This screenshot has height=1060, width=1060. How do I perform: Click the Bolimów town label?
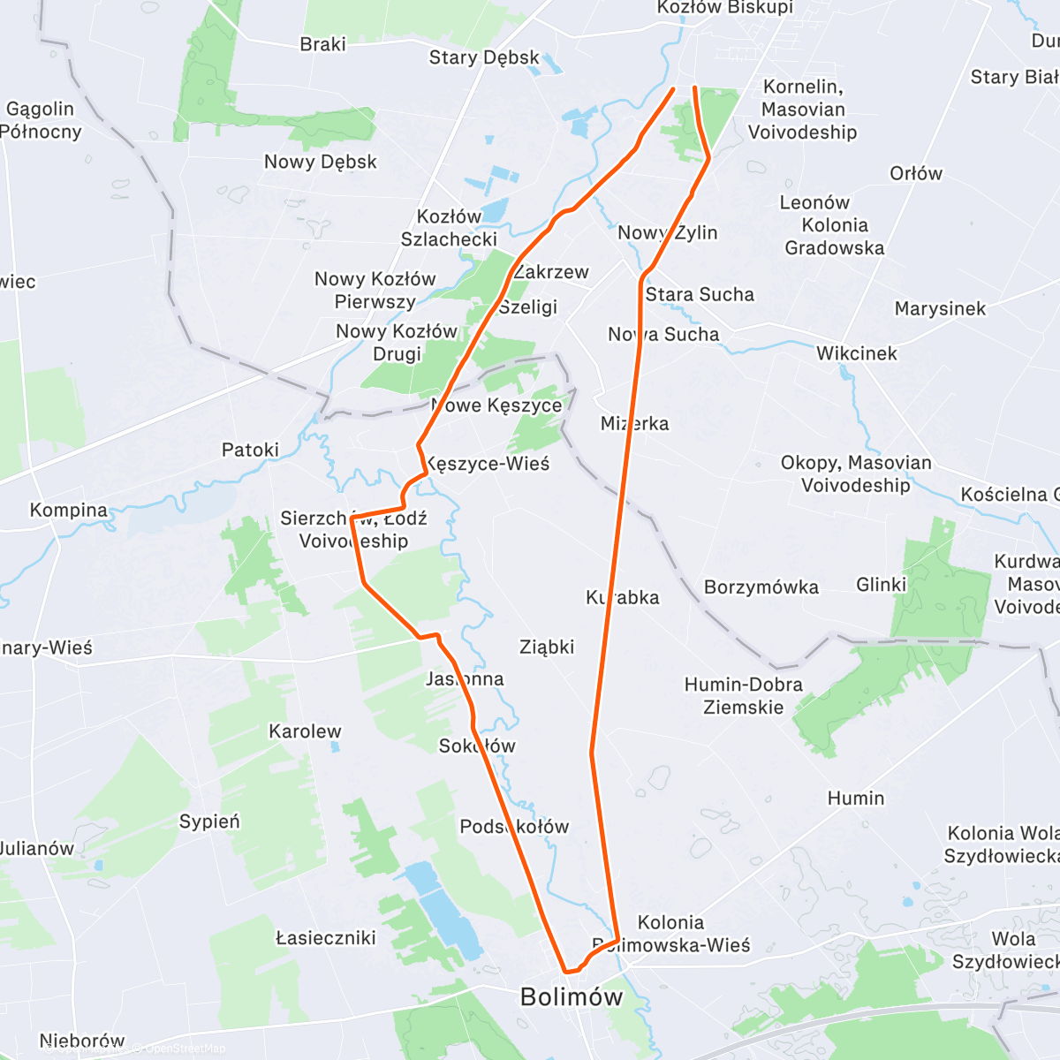click(571, 997)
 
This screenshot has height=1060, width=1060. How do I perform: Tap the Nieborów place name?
click(82, 1041)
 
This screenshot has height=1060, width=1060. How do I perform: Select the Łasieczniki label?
click(326, 938)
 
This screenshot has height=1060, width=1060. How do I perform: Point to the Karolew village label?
click(305, 731)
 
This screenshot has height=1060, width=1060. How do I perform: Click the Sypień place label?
click(209, 821)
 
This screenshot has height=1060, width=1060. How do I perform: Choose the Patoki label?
click(250, 450)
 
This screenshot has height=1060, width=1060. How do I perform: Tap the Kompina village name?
click(68, 511)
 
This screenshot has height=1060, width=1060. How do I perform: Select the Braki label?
click(322, 44)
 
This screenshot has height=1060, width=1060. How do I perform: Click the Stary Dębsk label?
click(483, 58)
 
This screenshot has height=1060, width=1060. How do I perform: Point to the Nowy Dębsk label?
click(320, 162)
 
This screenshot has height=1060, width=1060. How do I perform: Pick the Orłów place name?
click(915, 173)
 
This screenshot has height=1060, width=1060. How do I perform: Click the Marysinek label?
click(940, 309)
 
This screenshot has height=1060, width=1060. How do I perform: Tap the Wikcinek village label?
click(856, 353)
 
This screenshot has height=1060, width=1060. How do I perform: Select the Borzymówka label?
click(761, 587)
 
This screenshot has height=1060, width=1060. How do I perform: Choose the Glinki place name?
click(881, 585)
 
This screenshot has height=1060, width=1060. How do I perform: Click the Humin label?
click(855, 799)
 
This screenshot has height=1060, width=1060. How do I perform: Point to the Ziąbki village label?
click(547, 647)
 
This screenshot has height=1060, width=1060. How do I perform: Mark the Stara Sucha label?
click(700, 295)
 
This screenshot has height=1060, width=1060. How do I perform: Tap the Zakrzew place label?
click(551, 272)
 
